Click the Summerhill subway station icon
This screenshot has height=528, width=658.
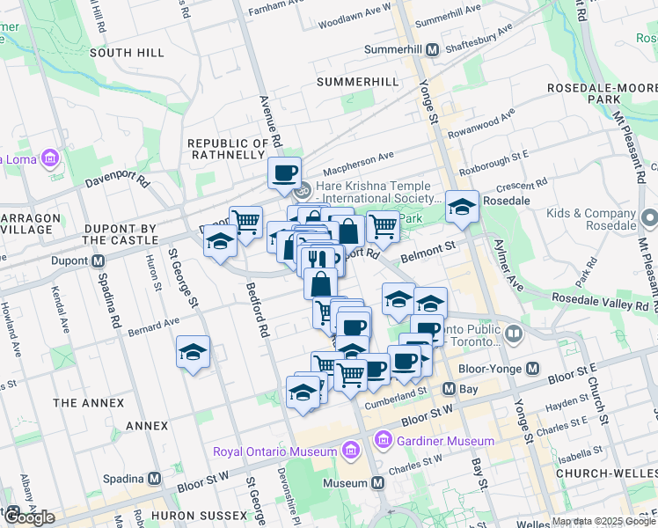(x=432, y=50)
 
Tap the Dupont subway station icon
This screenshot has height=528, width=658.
(x=99, y=261)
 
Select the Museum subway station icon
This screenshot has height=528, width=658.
(x=378, y=483)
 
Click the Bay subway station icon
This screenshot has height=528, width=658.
(x=448, y=388)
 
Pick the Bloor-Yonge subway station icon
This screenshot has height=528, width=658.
(x=531, y=370)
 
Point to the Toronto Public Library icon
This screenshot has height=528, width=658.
(x=514, y=334)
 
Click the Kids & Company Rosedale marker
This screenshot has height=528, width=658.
(x=649, y=216)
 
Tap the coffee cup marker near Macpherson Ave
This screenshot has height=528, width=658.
(x=284, y=173)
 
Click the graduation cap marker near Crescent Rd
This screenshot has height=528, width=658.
(x=462, y=208)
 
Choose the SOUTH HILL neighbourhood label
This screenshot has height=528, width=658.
(x=127, y=53)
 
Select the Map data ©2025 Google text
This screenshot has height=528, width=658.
(x=603, y=521)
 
